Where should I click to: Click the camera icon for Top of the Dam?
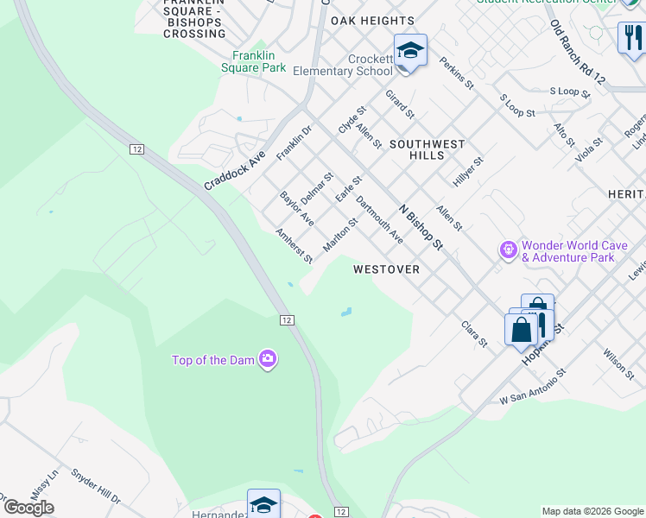click(x=268, y=359)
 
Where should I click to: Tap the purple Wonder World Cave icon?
click(x=509, y=250)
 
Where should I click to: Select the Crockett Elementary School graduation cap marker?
click(x=410, y=51)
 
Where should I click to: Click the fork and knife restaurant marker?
click(x=630, y=37)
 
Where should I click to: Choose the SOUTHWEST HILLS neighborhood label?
click(x=427, y=149)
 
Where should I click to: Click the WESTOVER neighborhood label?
click(x=386, y=269)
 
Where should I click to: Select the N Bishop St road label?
click(x=421, y=227)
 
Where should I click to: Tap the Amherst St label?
click(x=294, y=246)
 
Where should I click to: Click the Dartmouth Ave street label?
click(x=379, y=221)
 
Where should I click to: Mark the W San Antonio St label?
click(x=532, y=387)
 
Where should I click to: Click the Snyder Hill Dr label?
click(x=96, y=487)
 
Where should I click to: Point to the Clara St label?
click(x=474, y=334)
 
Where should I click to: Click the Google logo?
click(x=28, y=508)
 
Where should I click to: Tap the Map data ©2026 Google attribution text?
click(x=592, y=511)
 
